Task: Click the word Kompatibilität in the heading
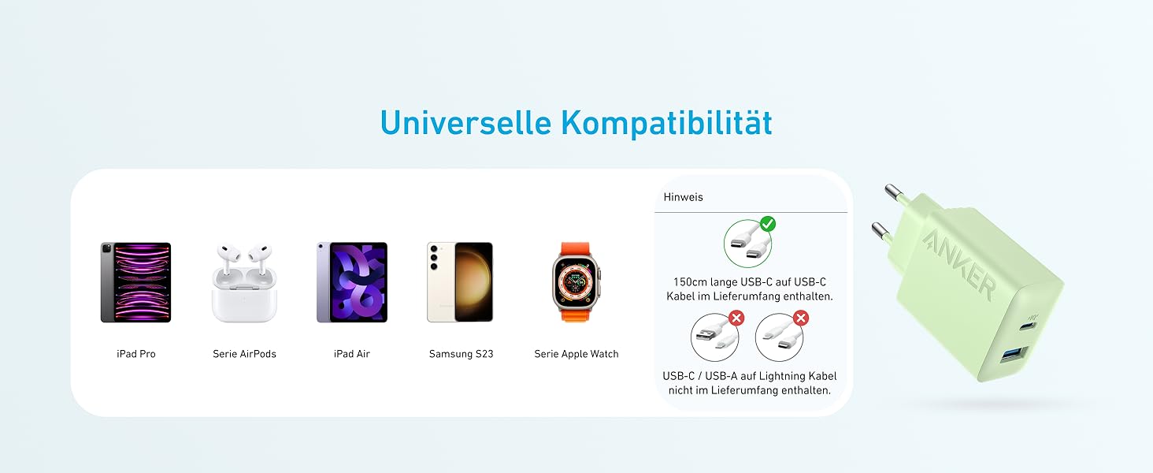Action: [x=666, y=123]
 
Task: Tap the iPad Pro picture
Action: [x=135, y=282]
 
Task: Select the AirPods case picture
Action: [x=244, y=284]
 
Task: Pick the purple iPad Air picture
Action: [x=352, y=282]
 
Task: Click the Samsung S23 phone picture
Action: [x=461, y=282]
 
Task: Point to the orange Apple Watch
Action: [x=576, y=281]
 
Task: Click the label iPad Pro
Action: [x=135, y=354]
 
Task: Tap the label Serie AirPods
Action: [x=244, y=354]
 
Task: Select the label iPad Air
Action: [x=352, y=354]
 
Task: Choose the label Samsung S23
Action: [x=461, y=354]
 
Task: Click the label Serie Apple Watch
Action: [x=576, y=354]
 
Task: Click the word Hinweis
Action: [x=683, y=197]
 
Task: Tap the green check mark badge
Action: [x=767, y=225]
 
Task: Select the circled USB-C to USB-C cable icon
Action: [x=747, y=243]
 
